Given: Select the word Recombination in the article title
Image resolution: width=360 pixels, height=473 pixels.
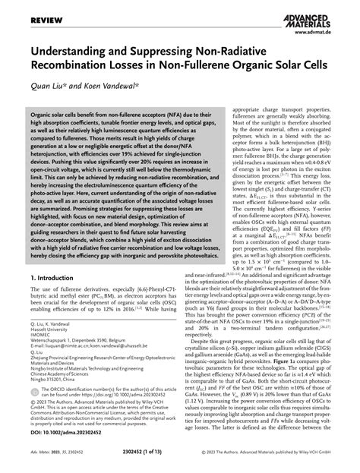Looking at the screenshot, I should click(67, 70).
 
